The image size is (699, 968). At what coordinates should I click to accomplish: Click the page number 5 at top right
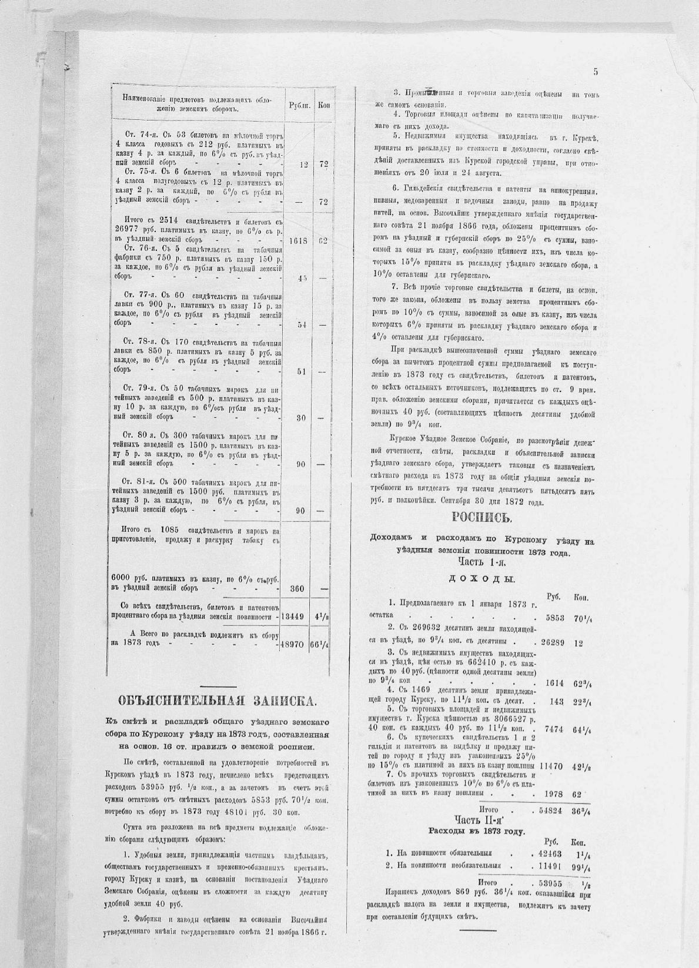[596, 72]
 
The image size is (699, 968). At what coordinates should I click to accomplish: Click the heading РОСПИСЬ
[482, 518]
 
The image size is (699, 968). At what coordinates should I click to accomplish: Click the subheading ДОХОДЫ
[481, 579]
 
